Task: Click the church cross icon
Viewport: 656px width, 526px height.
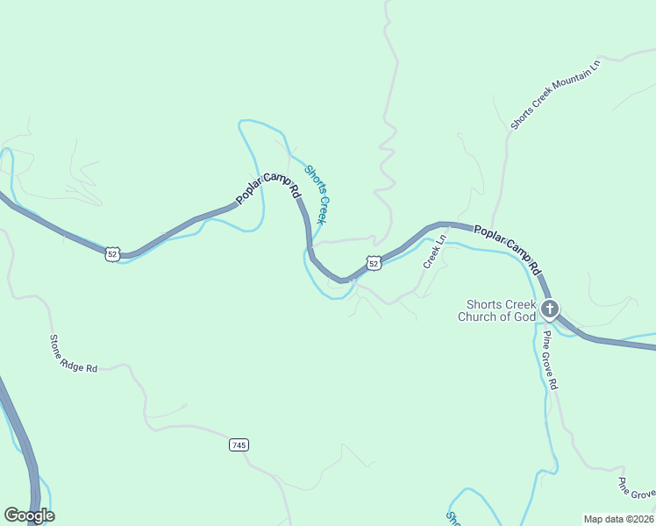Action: [550, 309]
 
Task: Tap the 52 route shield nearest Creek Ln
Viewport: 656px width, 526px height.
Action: [374, 263]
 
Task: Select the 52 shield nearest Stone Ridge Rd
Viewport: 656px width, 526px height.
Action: [111, 254]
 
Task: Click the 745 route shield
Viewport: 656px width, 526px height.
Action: [239, 445]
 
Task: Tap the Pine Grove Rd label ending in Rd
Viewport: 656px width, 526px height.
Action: [549, 359]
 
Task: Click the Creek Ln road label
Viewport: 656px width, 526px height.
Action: [435, 252]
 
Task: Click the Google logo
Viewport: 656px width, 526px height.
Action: [29, 515]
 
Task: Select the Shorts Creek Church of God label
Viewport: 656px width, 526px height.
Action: [496, 310]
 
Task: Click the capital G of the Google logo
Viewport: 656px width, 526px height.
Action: [11, 515]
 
